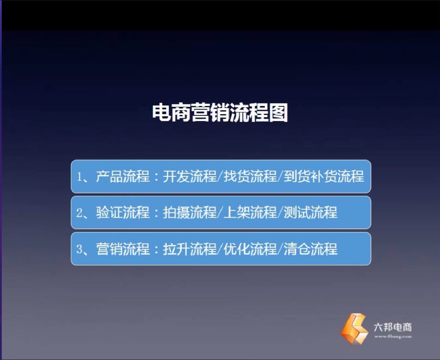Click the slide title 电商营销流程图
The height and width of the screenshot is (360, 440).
(x=220, y=112)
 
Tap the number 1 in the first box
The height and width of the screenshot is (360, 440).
(x=80, y=177)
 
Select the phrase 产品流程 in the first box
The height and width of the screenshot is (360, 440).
(x=123, y=177)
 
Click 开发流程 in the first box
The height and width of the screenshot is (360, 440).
(x=189, y=177)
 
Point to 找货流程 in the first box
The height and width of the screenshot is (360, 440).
(x=250, y=177)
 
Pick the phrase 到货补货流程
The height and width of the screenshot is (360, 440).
(x=324, y=177)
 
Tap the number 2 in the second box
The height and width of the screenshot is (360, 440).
(x=80, y=213)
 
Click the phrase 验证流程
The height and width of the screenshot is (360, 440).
(x=123, y=213)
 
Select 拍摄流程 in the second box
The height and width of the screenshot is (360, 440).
(x=189, y=213)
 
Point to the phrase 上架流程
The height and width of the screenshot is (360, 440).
(x=250, y=213)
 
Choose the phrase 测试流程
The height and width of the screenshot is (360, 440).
(x=310, y=213)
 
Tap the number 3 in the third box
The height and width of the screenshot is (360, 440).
(x=80, y=249)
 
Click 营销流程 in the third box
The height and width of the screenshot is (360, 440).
(x=123, y=249)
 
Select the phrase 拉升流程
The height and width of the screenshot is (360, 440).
(x=189, y=249)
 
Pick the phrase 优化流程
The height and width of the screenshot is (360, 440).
(x=250, y=249)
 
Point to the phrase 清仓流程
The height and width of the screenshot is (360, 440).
(x=310, y=249)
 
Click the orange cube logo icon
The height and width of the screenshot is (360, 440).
(x=354, y=328)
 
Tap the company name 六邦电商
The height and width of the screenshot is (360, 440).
(x=393, y=327)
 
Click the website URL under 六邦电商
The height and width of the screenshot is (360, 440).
(x=393, y=336)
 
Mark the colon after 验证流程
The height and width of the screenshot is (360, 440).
(x=157, y=213)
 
